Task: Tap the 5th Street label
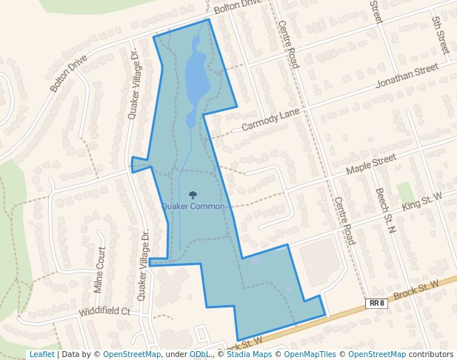click(441, 36)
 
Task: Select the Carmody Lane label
click(270, 119)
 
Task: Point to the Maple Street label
click(372, 165)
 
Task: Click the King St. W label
click(421, 200)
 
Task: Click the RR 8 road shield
click(376, 303)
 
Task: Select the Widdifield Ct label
click(104, 312)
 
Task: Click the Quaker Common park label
click(193, 206)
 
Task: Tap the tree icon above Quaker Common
click(193, 196)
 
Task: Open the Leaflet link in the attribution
click(41, 354)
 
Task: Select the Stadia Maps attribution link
click(250, 354)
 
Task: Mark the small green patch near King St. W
click(404, 191)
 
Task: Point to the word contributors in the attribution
click(431, 354)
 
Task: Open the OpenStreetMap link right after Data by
click(132, 354)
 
